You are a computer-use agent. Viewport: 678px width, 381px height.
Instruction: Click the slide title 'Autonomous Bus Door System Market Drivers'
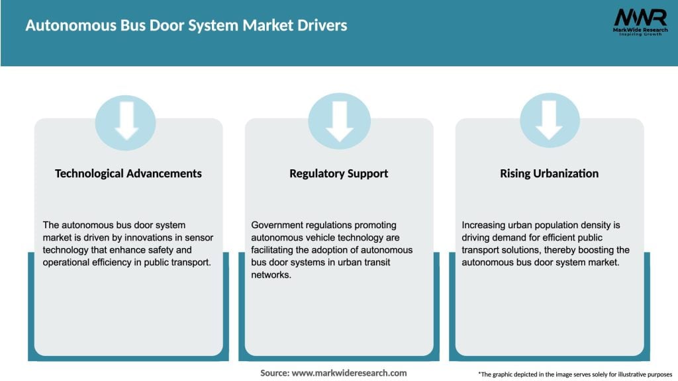click(x=186, y=26)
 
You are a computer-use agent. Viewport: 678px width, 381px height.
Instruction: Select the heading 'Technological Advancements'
click(x=128, y=173)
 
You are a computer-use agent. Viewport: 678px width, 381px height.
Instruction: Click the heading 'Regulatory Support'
click(x=338, y=173)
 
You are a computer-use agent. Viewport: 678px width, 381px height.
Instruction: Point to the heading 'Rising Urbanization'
click(x=549, y=173)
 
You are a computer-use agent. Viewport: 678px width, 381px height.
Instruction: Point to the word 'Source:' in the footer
click(x=274, y=373)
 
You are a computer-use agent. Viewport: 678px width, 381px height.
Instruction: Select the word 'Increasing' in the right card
click(x=485, y=225)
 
